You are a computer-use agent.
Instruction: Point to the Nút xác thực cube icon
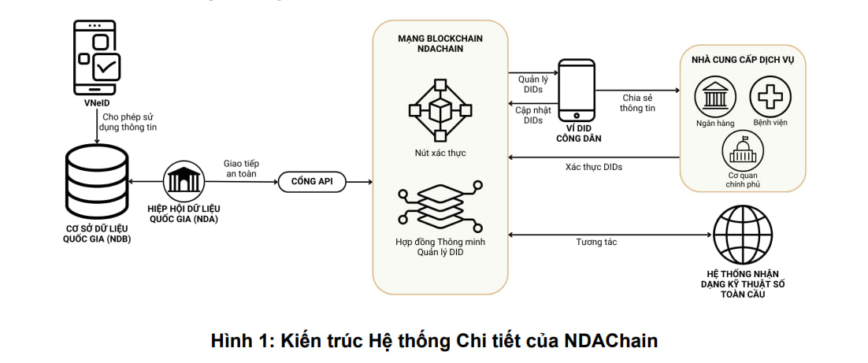coord(440,107)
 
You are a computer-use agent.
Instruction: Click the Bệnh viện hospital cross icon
coord(769,97)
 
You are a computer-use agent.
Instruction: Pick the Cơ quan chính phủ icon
coord(741,150)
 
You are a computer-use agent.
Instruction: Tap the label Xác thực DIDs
coord(595,168)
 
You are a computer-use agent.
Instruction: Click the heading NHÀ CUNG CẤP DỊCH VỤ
coord(742,60)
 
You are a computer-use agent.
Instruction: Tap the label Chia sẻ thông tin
coord(637,102)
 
